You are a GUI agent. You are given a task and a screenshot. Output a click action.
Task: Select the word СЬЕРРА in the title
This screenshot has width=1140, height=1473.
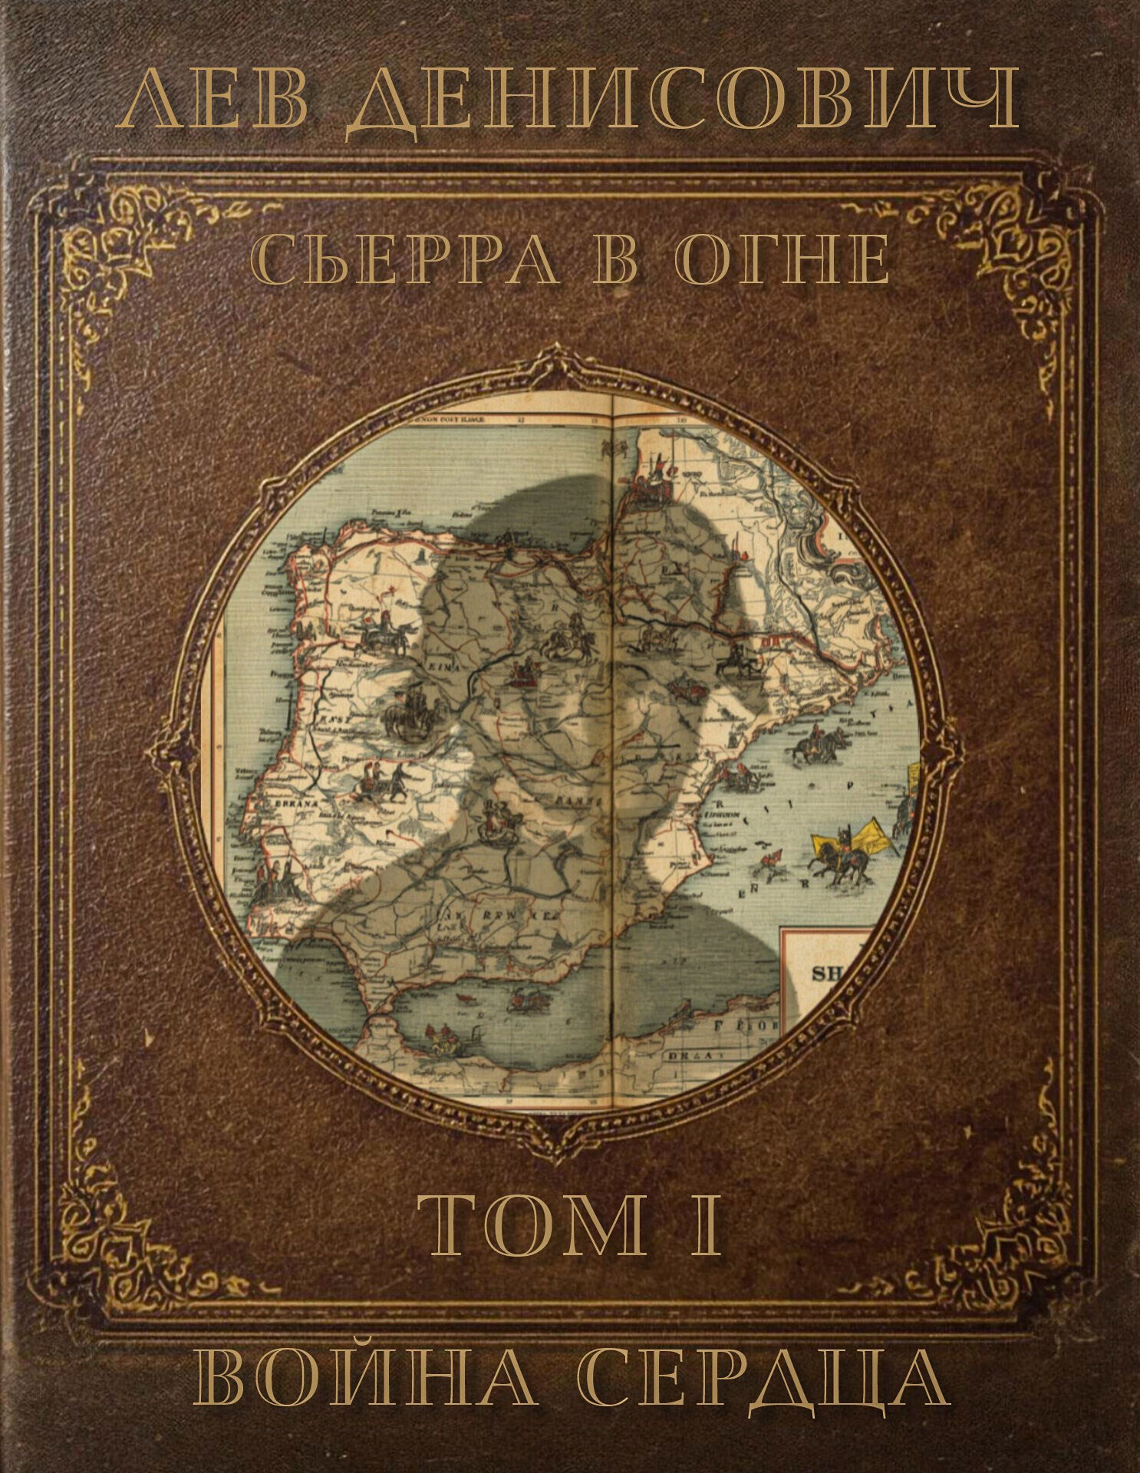(407, 261)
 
